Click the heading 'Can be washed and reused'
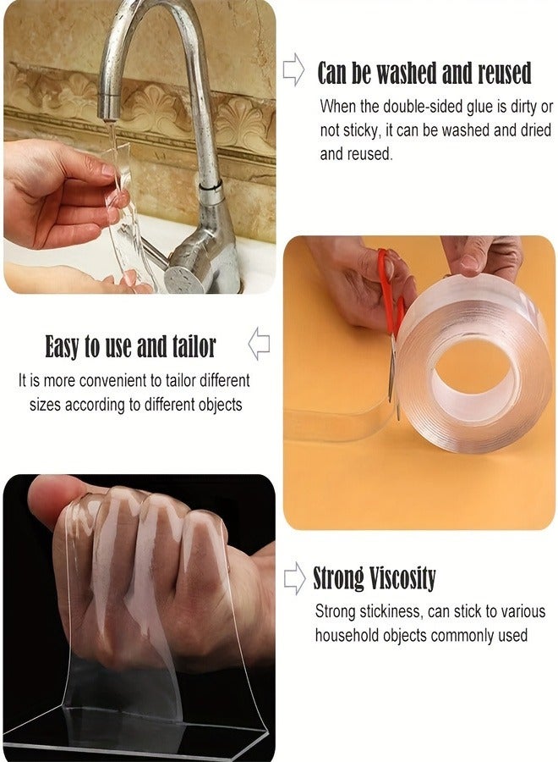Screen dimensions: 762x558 coord(424,74)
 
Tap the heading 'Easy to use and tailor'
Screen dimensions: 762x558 coord(130,346)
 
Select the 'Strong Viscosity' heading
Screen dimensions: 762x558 coord(375,578)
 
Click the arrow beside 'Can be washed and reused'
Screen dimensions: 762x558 coord(293,70)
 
